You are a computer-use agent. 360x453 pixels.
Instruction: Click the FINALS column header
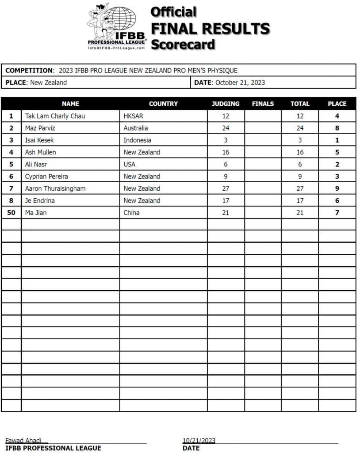263,104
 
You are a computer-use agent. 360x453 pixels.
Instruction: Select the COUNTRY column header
163,104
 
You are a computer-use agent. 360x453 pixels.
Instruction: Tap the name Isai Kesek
39,140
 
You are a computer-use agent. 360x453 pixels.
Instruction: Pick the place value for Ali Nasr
337,164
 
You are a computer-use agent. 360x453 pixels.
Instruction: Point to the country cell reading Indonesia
138,140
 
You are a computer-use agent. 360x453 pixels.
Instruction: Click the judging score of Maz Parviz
226,128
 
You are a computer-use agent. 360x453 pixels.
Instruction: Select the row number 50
11,212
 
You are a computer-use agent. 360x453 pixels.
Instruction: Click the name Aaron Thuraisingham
55,188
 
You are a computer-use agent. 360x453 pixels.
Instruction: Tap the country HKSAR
134,116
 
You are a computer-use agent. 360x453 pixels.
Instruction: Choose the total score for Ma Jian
300,212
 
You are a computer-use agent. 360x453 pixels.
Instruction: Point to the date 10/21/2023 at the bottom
199,440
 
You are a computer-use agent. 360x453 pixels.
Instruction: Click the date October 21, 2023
240,82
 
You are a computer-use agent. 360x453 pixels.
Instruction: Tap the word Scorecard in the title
183,45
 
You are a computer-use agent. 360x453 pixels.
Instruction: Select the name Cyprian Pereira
46,177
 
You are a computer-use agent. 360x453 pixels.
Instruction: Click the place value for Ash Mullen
337,152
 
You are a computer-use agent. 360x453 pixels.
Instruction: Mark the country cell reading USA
130,164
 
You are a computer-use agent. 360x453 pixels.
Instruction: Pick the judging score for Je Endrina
226,200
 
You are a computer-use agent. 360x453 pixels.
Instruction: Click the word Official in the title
173,12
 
